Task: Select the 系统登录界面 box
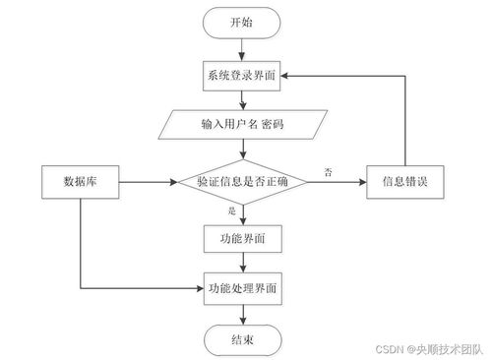click(x=241, y=77)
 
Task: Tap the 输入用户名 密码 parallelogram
click(x=241, y=127)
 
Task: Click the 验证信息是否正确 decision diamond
click(x=242, y=182)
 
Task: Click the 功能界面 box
click(x=241, y=238)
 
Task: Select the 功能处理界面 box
click(x=241, y=289)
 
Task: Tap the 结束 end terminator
click(x=241, y=339)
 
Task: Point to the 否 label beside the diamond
click(x=327, y=173)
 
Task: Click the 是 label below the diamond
click(x=232, y=210)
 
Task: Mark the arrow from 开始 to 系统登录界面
click(x=241, y=48)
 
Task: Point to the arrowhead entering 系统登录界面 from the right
click(x=289, y=77)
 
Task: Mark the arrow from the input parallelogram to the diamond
click(x=241, y=150)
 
